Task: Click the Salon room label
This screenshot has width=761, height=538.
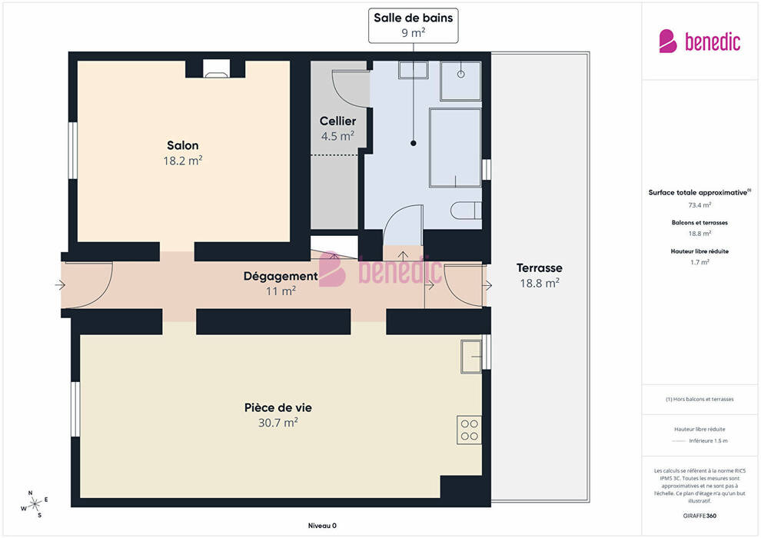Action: (x=182, y=153)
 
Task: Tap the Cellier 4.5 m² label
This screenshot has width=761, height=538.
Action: (x=337, y=128)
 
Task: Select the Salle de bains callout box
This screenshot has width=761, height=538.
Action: (x=413, y=25)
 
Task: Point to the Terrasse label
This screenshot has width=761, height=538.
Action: (x=539, y=275)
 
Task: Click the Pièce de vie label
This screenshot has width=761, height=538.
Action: (x=278, y=415)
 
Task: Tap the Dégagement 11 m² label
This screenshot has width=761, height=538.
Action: (x=281, y=284)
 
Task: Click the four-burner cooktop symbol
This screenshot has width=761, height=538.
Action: (x=470, y=430)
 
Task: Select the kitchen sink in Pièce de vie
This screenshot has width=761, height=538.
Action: (x=470, y=357)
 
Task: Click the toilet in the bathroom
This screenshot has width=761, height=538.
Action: (x=466, y=211)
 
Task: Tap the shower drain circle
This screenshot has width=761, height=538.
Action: (x=460, y=75)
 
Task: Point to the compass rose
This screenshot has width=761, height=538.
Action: (x=35, y=504)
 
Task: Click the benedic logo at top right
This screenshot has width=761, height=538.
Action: (x=700, y=42)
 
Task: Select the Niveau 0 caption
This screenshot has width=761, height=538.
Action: (x=322, y=526)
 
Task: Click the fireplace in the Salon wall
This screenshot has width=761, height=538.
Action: (x=216, y=68)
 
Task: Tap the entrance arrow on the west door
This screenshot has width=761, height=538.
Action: (x=60, y=285)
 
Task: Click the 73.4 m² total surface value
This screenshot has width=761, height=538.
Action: (x=700, y=204)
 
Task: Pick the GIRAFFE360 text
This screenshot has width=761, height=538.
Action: (x=700, y=516)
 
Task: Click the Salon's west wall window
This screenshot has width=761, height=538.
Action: (x=73, y=151)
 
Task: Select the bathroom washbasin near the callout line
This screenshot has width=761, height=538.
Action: (x=413, y=69)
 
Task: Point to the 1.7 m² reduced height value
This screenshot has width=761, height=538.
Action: (x=700, y=262)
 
